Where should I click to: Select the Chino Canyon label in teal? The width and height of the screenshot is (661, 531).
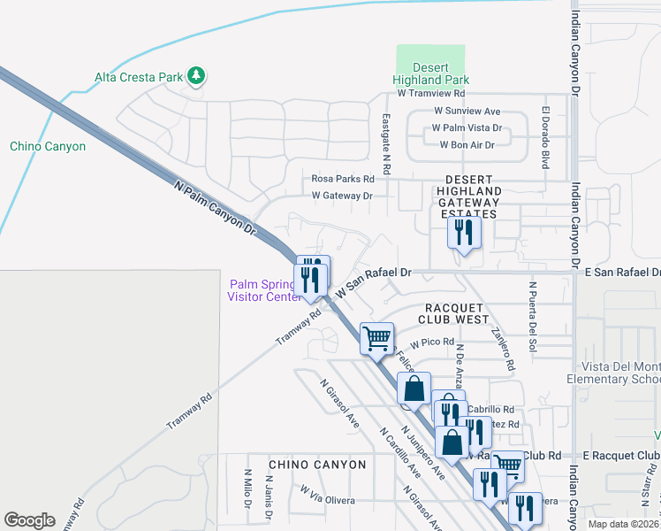pos(48,146)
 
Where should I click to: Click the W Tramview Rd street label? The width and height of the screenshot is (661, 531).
pos(431,92)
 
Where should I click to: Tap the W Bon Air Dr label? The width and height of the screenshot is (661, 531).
pos(465,144)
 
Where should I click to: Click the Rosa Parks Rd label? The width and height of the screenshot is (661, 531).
pos(338,178)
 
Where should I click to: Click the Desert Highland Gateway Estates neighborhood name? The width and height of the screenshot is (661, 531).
pos(468,196)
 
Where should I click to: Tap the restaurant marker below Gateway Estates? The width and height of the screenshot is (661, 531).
pos(464,233)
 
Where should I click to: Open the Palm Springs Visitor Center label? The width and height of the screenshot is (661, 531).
pos(264,290)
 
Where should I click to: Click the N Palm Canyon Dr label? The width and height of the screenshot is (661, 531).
pos(216,209)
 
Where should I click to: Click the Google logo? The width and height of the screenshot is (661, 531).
pos(30,520)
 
